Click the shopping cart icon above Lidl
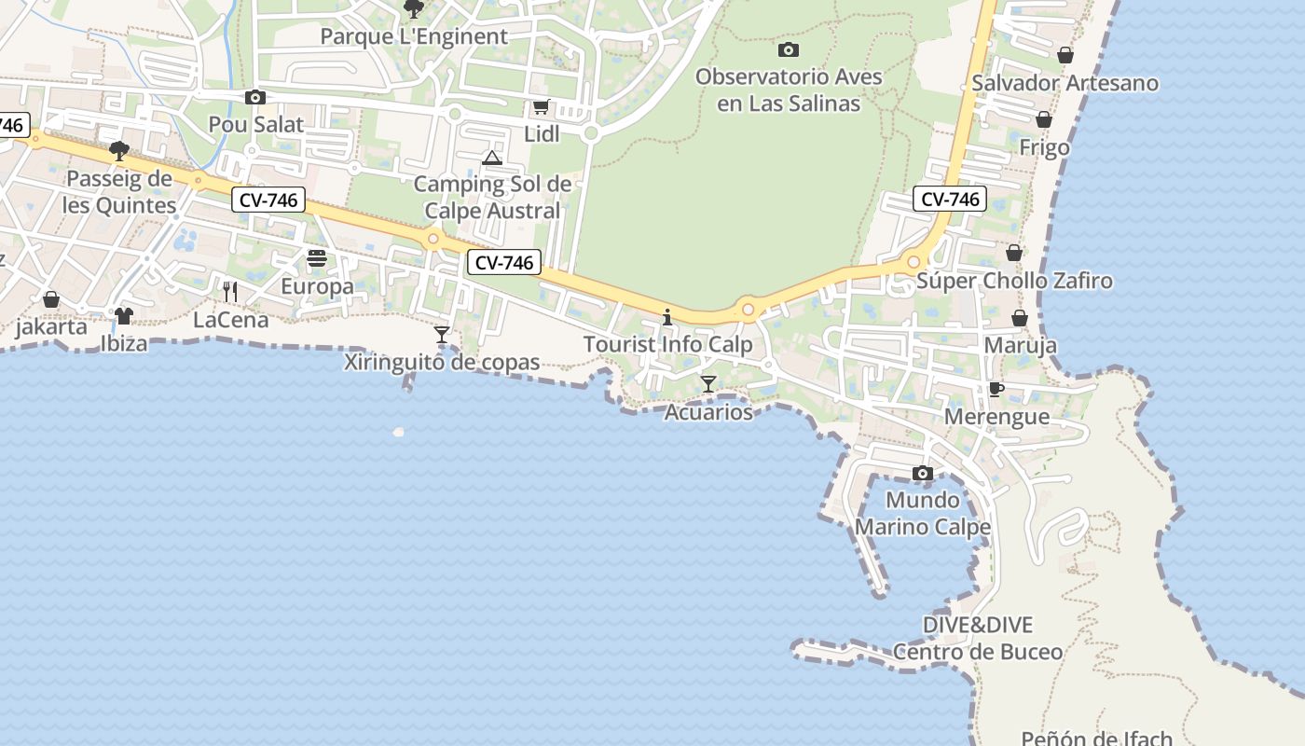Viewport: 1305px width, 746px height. tap(541, 107)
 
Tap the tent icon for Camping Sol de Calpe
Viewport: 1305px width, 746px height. tap(492, 158)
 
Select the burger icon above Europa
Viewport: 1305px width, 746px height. tap(317, 258)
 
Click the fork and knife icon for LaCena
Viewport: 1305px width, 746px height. tap(230, 292)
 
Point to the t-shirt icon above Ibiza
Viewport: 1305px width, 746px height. tap(124, 315)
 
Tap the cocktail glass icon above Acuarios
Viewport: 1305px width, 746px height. tap(708, 383)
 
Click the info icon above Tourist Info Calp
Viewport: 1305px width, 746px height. tap(666, 317)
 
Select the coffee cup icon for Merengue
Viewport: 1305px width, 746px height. tap(996, 389)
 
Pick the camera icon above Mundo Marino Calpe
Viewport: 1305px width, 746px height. tap(922, 473)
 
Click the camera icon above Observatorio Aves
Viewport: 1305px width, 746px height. tap(788, 49)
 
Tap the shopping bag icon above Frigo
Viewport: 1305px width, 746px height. tap(1044, 119)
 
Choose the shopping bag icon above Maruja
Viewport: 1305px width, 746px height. tap(1020, 318)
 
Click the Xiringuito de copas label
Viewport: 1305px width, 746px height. tap(442, 363)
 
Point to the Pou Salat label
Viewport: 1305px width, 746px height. tap(256, 124)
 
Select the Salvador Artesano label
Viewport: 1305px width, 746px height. tap(1065, 83)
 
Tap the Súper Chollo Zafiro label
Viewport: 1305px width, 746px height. tap(1014, 281)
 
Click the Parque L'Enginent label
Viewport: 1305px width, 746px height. tap(414, 36)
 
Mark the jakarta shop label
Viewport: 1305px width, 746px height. tap(51, 327)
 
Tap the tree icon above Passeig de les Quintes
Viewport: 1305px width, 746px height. tap(118, 150)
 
